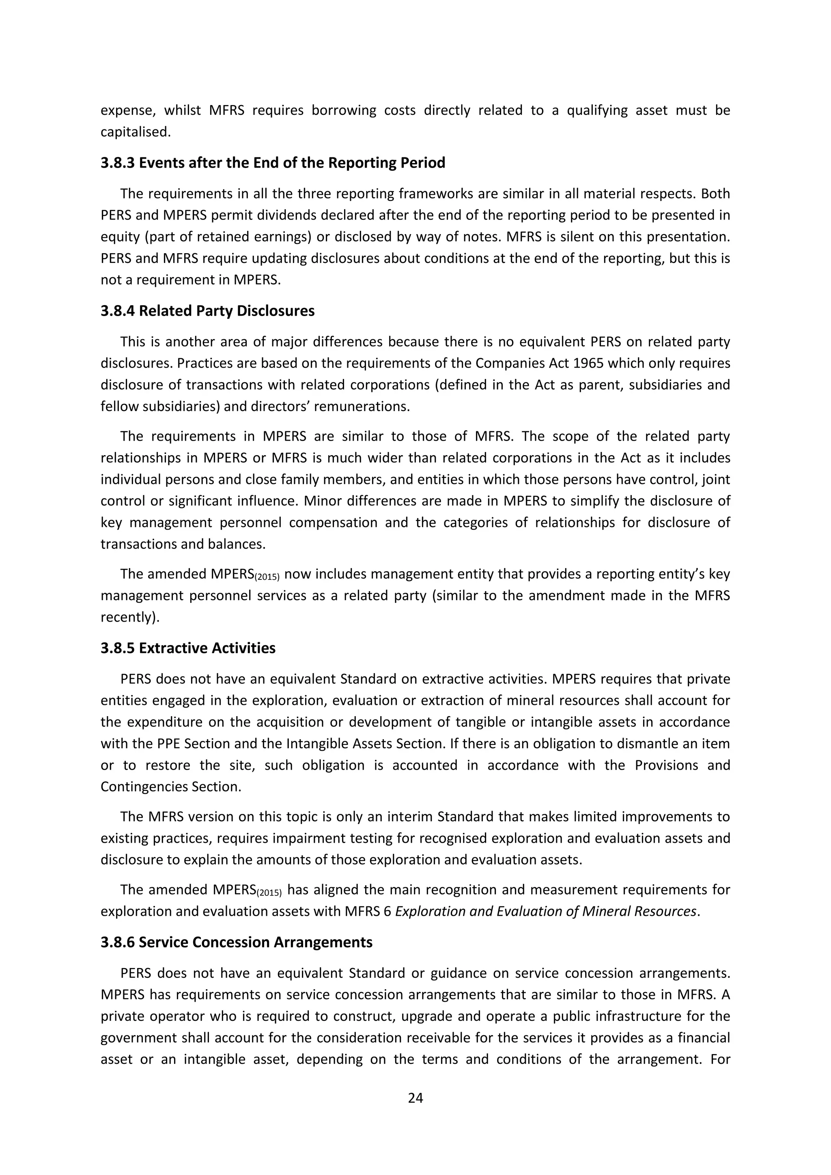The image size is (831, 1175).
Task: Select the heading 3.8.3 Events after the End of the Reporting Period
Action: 273,163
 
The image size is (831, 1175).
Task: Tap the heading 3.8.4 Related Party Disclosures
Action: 207,311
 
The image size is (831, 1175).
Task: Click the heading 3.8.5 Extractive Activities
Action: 188,648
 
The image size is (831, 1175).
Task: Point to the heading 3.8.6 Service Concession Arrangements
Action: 237,942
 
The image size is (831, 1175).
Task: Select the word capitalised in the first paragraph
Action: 135,132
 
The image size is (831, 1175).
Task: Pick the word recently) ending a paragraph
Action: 130,617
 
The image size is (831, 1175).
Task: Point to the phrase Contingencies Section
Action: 170,787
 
